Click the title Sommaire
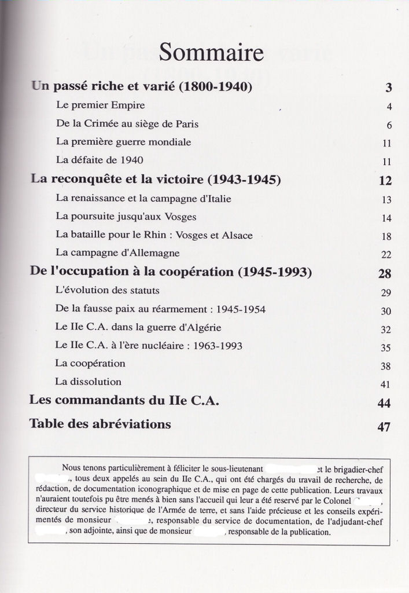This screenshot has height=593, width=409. [211, 53]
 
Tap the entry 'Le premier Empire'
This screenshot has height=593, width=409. [100, 105]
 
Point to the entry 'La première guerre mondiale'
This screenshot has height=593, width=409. [123, 142]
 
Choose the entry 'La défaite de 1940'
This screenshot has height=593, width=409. [100, 160]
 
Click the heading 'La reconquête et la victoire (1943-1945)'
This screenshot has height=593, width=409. [156, 180]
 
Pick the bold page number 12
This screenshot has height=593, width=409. [385, 181]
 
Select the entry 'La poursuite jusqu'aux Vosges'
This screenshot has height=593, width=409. [126, 217]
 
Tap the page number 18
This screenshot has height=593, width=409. [387, 236]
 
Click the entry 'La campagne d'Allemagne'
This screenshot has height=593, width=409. [117, 253]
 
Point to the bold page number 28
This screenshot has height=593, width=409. [385, 274]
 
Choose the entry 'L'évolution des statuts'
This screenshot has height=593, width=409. [107, 290]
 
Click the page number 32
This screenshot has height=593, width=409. [386, 330]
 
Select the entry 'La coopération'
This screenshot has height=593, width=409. [90, 364]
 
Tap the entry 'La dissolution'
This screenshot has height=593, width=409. [88, 382]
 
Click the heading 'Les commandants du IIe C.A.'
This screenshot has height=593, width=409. [124, 400]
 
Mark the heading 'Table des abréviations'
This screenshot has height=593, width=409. [100, 424]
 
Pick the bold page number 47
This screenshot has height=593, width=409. [384, 427]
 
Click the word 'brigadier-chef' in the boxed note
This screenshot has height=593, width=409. [358, 468]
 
